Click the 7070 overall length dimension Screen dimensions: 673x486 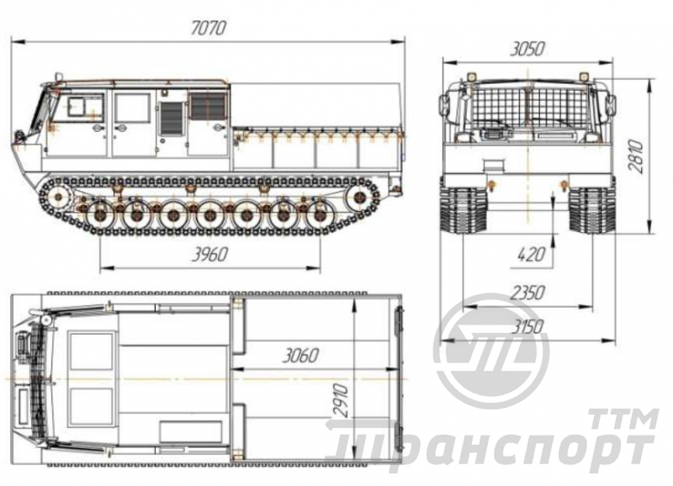pyautogui.click(x=208, y=29)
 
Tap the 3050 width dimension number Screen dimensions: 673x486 pyautogui.click(x=527, y=50)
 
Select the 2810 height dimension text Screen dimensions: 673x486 pyautogui.click(x=636, y=156)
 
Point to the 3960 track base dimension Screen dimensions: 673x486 pyautogui.click(x=209, y=256)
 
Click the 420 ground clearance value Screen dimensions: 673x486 pyautogui.click(x=532, y=255)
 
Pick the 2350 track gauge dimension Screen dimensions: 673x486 pyautogui.click(x=527, y=293)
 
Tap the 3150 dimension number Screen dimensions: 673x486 pyautogui.click(x=527, y=327)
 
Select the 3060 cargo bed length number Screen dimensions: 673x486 pyautogui.click(x=300, y=356)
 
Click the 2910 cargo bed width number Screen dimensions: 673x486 pyautogui.click(x=342, y=401)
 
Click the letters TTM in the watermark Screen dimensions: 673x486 pyautogui.click(x=623, y=419)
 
